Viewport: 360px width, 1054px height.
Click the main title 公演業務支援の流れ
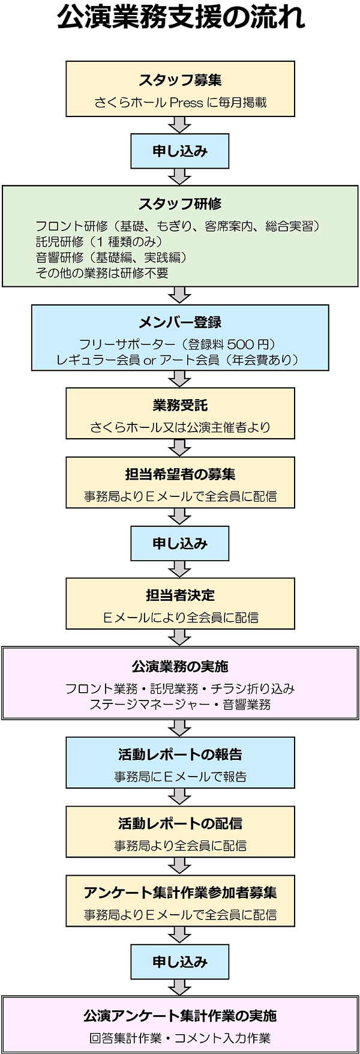181,18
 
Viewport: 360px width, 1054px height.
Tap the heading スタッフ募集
180,80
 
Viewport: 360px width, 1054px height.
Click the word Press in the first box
187,103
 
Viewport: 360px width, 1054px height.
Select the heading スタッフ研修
180,204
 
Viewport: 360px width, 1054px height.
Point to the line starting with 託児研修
99,242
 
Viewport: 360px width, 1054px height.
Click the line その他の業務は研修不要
102,273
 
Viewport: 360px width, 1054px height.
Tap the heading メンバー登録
180,323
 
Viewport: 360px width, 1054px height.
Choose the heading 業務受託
180,406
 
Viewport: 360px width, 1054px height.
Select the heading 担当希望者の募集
180,475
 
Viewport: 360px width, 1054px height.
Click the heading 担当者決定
180,595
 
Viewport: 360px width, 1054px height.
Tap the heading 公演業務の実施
180,667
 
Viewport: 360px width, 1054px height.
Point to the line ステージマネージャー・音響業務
180,705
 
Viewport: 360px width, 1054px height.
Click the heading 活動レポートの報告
180,754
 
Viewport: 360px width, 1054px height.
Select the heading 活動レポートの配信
180,824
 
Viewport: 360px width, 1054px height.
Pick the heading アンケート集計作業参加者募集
180,893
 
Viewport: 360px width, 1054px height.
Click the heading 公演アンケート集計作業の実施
180,1016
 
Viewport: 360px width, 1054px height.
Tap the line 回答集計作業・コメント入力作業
180,1038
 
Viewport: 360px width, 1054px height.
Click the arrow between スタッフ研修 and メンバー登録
180,295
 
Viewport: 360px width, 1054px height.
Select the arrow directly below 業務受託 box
180,448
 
